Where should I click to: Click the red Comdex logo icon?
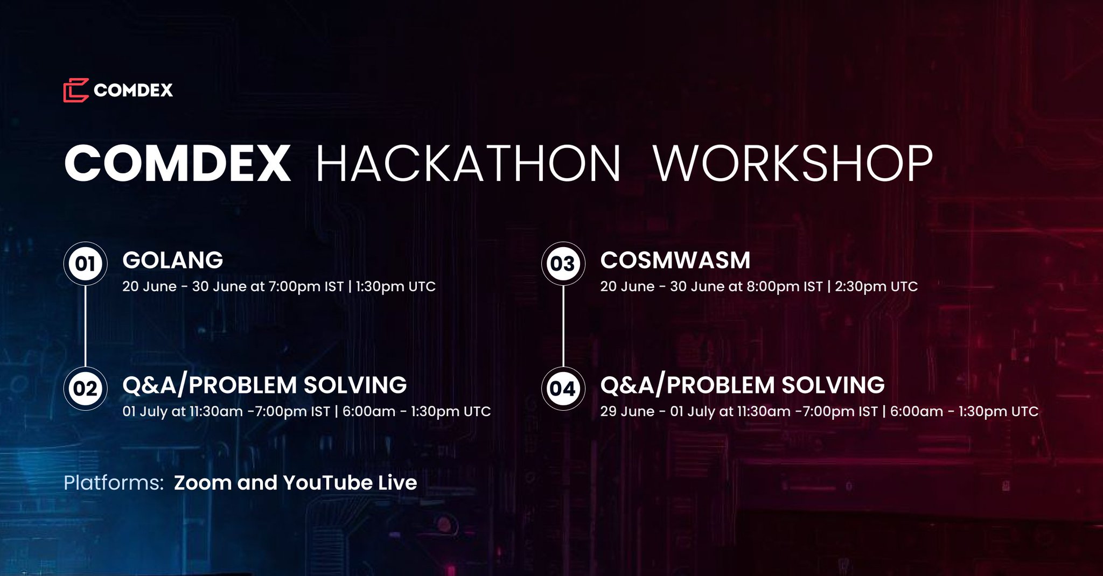(75, 90)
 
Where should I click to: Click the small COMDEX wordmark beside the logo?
(133, 90)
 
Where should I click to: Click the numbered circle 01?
(86, 264)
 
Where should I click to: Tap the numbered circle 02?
(86, 389)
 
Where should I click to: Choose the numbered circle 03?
(563, 264)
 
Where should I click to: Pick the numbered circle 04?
(563, 389)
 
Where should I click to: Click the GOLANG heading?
(172, 260)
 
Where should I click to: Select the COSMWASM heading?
(675, 260)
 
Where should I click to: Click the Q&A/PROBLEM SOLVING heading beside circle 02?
(264, 385)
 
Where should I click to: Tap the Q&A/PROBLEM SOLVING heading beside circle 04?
(742, 385)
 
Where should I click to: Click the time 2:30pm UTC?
(876, 286)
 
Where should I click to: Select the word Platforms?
(114, 483)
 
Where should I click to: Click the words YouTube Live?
(350, 483)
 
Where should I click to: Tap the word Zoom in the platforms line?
(203, 483)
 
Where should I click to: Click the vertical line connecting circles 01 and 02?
(86, 326)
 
